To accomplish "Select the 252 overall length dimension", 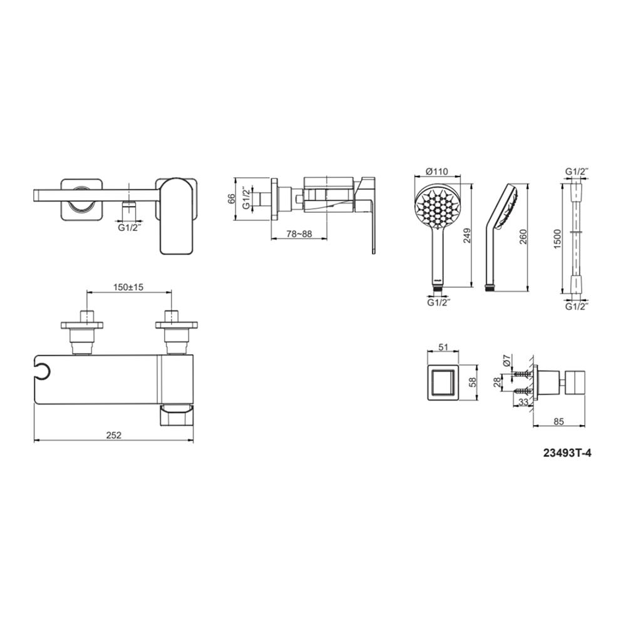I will (x=113, y=435).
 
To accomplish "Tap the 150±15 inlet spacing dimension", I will (x=129, y=287).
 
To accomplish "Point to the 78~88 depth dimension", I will (x=299, y=233).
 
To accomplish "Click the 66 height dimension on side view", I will (x=231, y=199).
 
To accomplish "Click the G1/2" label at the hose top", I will (x=577, y=171).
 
